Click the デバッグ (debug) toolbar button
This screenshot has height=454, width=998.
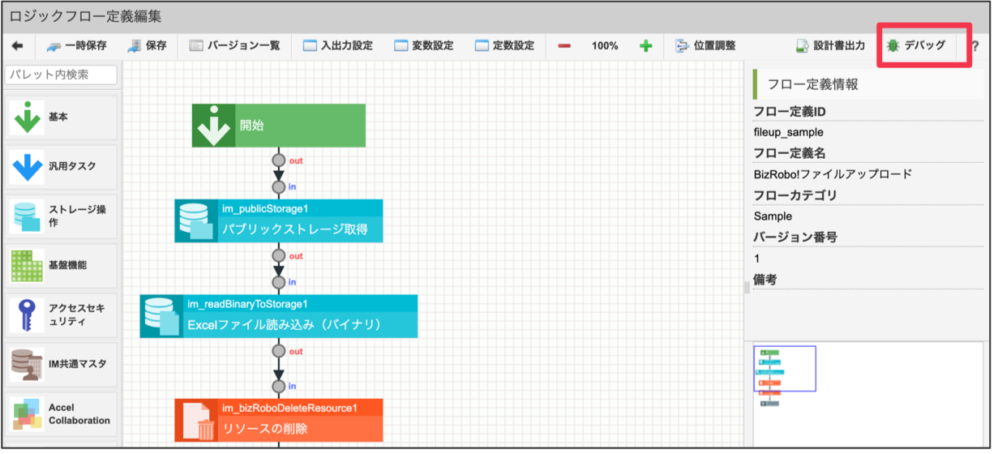[916, 45]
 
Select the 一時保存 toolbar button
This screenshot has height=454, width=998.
[77, 46]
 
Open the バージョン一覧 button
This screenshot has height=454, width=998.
[234, 46]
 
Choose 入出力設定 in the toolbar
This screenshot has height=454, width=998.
[337, 46]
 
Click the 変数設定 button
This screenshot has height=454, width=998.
[423, 46]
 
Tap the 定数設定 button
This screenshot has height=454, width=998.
[504, 46]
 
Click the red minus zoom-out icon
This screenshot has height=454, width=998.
[564, 46]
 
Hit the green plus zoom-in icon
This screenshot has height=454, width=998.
[645, 46]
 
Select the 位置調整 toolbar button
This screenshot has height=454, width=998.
[705, 46]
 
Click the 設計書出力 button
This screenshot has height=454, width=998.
[830, 46]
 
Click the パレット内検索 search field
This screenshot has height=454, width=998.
[61, 75]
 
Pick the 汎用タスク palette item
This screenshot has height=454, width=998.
[61, 166]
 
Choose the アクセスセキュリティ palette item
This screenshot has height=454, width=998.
[61, 315]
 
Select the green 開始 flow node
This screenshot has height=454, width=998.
[278, 126]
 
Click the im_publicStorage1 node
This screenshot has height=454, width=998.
[278, 221]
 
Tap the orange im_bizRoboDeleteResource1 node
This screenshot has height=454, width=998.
[278, 420]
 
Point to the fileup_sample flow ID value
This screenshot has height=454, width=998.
[788, 132]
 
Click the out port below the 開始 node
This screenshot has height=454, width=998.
[279, 161]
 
